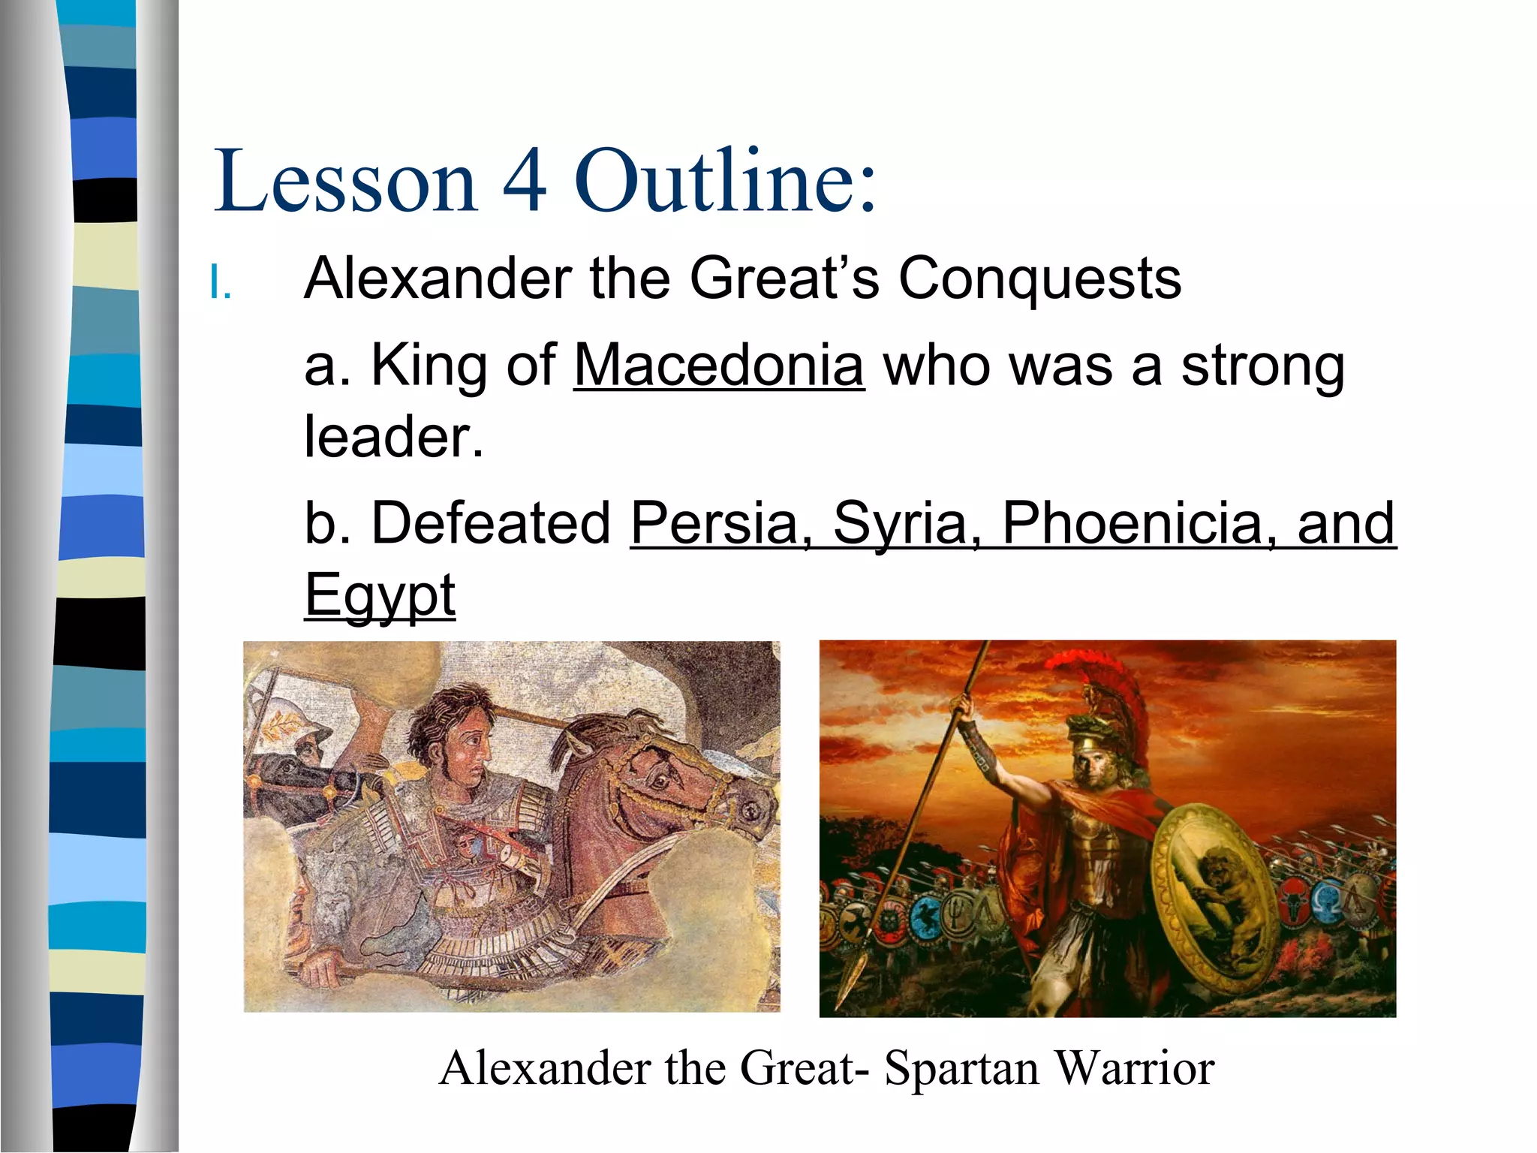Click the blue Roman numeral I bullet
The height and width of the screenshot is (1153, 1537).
pos(220,284)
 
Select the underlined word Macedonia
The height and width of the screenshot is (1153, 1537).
pos(719,366)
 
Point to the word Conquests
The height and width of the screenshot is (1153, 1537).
pos(1039,278)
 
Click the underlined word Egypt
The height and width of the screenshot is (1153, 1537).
pos(380,595)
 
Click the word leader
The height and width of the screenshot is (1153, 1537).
pos(393,437)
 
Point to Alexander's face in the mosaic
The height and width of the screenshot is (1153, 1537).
pos(469,751)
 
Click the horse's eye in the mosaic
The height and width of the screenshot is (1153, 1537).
pos(660,781)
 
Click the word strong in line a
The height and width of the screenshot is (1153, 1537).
pos(1262,366)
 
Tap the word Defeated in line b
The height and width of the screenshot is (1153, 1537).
pos(492,523)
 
